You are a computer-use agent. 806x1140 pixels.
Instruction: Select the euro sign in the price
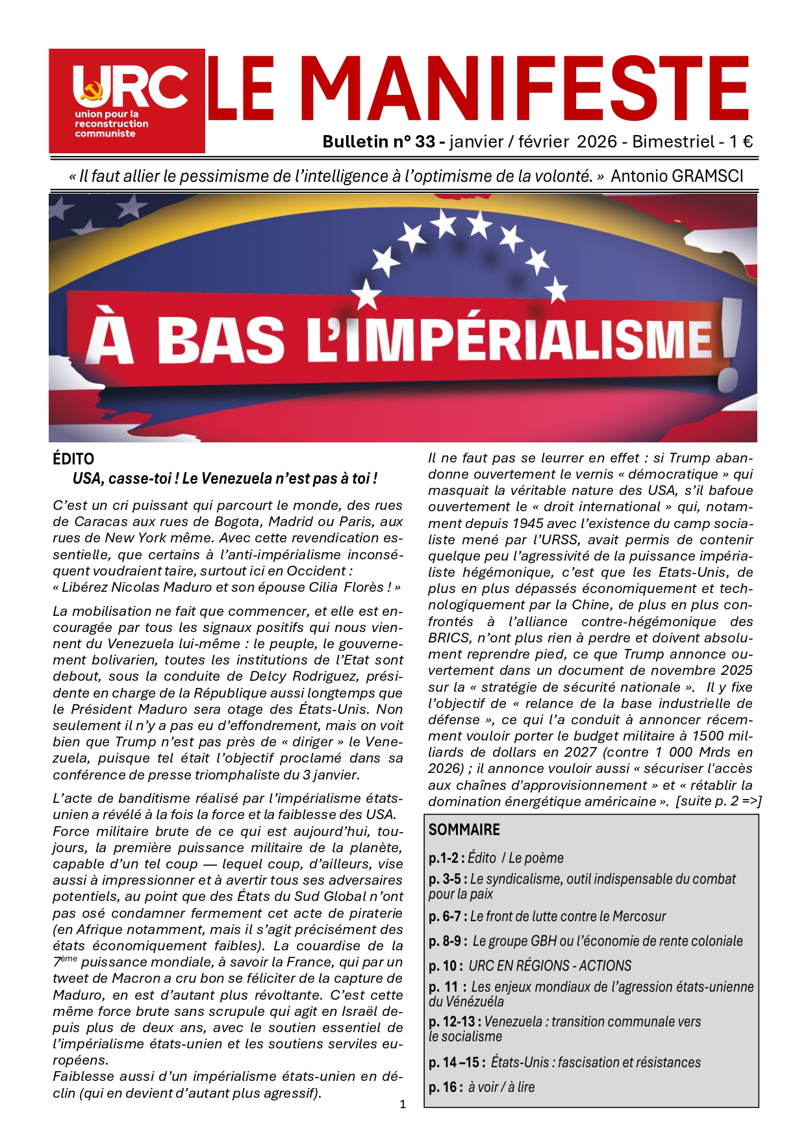pos(747,142)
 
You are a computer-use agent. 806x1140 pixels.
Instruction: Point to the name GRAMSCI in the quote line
pos(710,176)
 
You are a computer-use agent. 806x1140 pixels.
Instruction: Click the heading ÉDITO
pos(73,459)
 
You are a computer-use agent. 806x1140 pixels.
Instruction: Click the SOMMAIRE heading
pos(464,830)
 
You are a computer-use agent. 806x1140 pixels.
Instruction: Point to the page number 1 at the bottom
pos(403,1104)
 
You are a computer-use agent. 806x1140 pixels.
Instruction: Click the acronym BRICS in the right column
pos(449,637)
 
